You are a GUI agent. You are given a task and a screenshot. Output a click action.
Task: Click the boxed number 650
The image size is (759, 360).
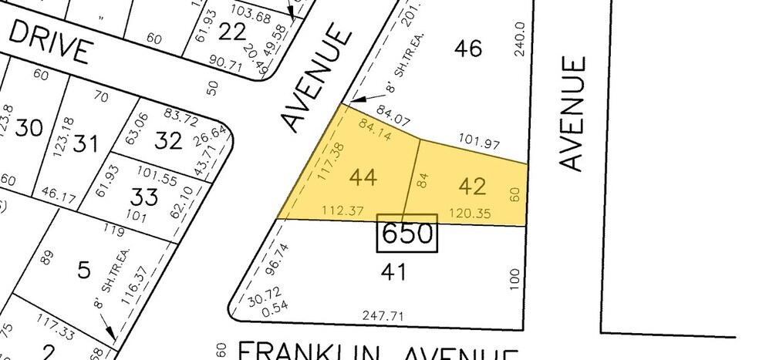coord(406,233)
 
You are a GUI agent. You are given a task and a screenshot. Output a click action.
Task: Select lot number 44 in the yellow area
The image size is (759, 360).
coord(363,178)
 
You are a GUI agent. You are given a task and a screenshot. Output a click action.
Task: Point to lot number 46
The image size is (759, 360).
coord(467,49)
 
